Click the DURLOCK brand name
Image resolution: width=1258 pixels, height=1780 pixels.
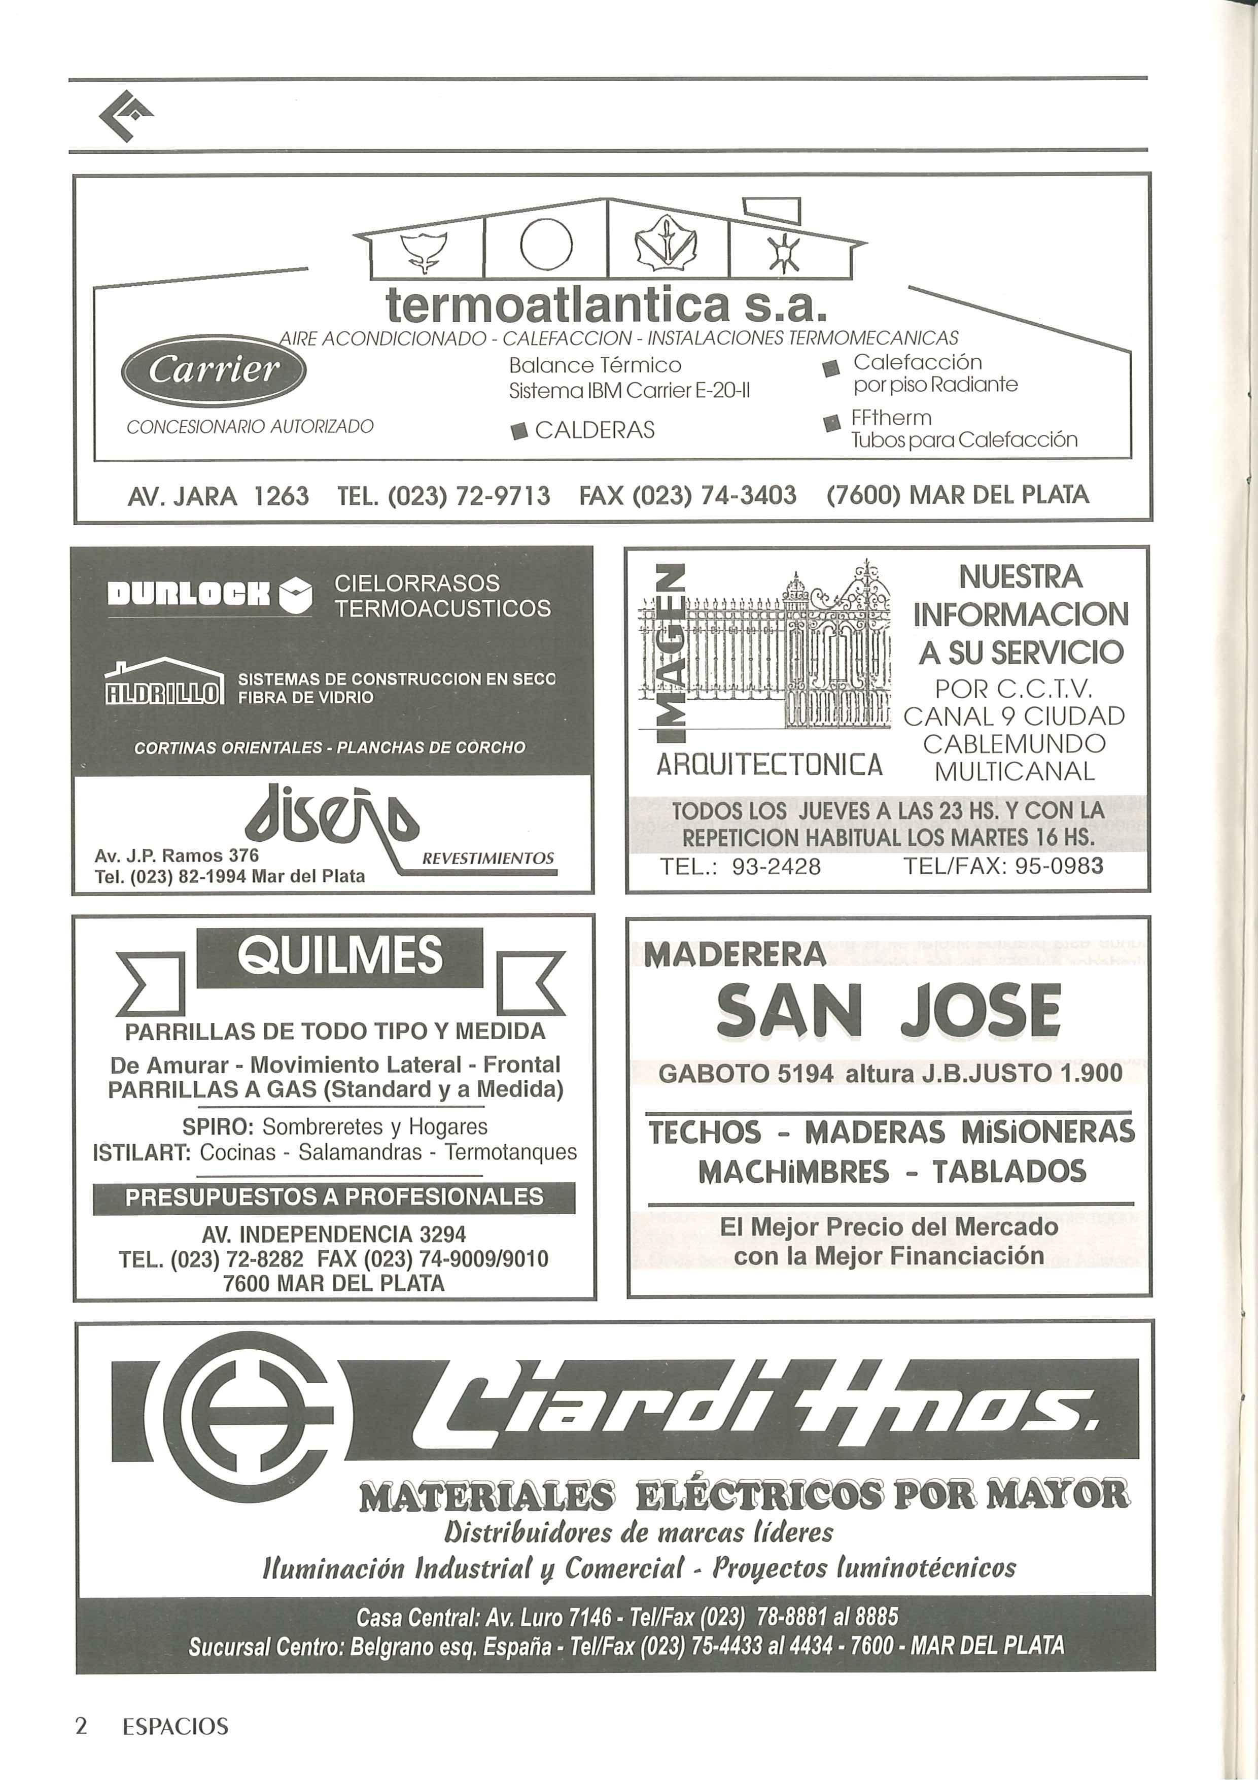(x=190, y=595)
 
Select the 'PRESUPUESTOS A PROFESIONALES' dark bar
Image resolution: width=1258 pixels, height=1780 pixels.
(x=334, y=1197)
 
